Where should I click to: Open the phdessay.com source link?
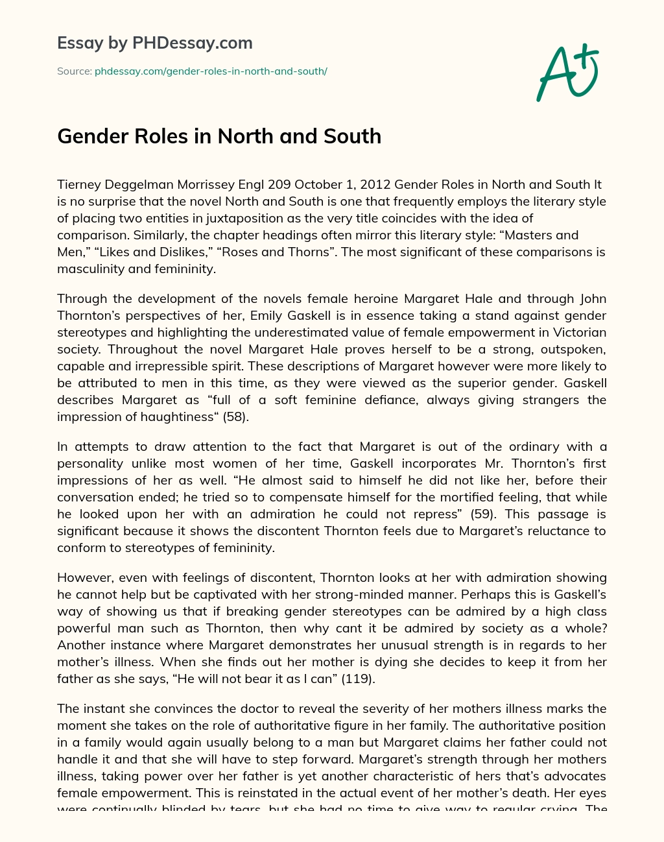[x=211, y=71]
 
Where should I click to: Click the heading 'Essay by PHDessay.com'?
[x=155, y=43]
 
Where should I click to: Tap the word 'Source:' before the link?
[x=74, y=71]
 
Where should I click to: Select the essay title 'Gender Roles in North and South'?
[x=219, y=136]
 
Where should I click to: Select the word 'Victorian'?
[x=575, y=332]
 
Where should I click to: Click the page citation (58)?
[x=236, y=416]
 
